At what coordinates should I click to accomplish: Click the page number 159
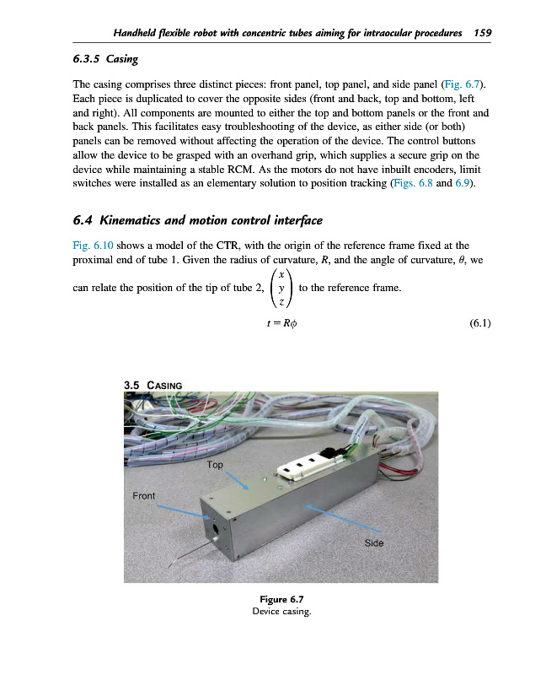click(x=483, y=33)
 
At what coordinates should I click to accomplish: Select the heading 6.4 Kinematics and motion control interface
click(x=197, y=221)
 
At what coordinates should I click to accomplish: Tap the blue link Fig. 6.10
click(x=88, y=246)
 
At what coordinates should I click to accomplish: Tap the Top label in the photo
click(x=215, y=465)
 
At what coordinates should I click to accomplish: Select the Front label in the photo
click(x=143, y=495)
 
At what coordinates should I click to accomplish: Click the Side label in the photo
click(x=373, y=543)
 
